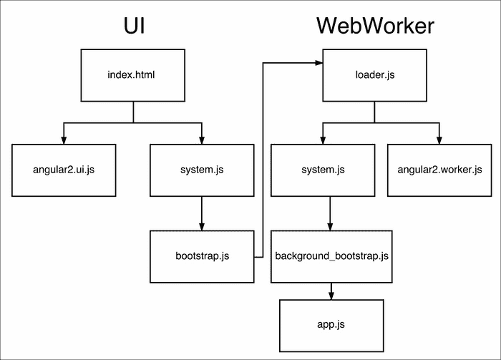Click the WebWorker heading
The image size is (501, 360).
(x=375, y=26)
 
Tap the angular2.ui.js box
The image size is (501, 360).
(x=64, y=170)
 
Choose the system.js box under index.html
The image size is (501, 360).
(x=201, y=170)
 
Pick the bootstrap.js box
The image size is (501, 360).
(x=201, y=256)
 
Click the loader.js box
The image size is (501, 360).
(x=374, y=74)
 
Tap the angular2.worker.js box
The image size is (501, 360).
(x=439, y=170)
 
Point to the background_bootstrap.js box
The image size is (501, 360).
(x=331, y=256)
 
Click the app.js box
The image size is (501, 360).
(x=331, y=324)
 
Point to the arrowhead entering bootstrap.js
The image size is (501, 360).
(x=201, y=225)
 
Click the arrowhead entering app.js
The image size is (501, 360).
(x=331, y=294)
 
